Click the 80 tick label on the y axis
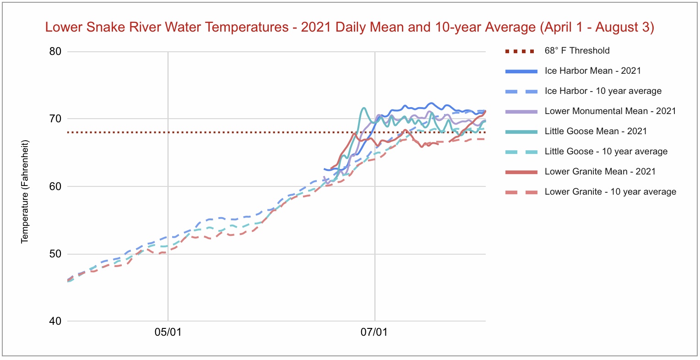click(55, 51)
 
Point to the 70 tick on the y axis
click(55, 119)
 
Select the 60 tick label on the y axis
click(55, 186)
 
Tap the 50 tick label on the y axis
click(55, 254)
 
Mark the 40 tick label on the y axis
click(55, 321)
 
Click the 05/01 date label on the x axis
click(168, 332)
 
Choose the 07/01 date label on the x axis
click(374, 332)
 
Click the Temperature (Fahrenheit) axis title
click(25, 191)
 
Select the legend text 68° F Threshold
click(577, 51)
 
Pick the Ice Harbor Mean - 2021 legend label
click(592, 71)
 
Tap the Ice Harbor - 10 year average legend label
click(603, 91)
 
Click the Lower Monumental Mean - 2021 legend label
click(610, 111)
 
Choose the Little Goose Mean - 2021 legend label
click(596, 131)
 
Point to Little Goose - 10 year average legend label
click(606, 152)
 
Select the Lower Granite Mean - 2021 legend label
click(600, 172)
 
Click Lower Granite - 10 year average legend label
click(610, 192)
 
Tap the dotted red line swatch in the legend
click(520, 51)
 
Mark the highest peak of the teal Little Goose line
click(364, 108)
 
